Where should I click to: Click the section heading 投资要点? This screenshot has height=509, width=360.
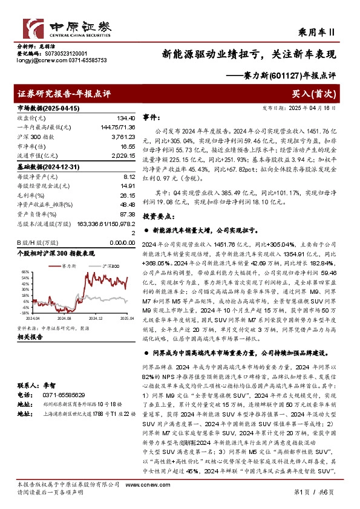tap(156, 216)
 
